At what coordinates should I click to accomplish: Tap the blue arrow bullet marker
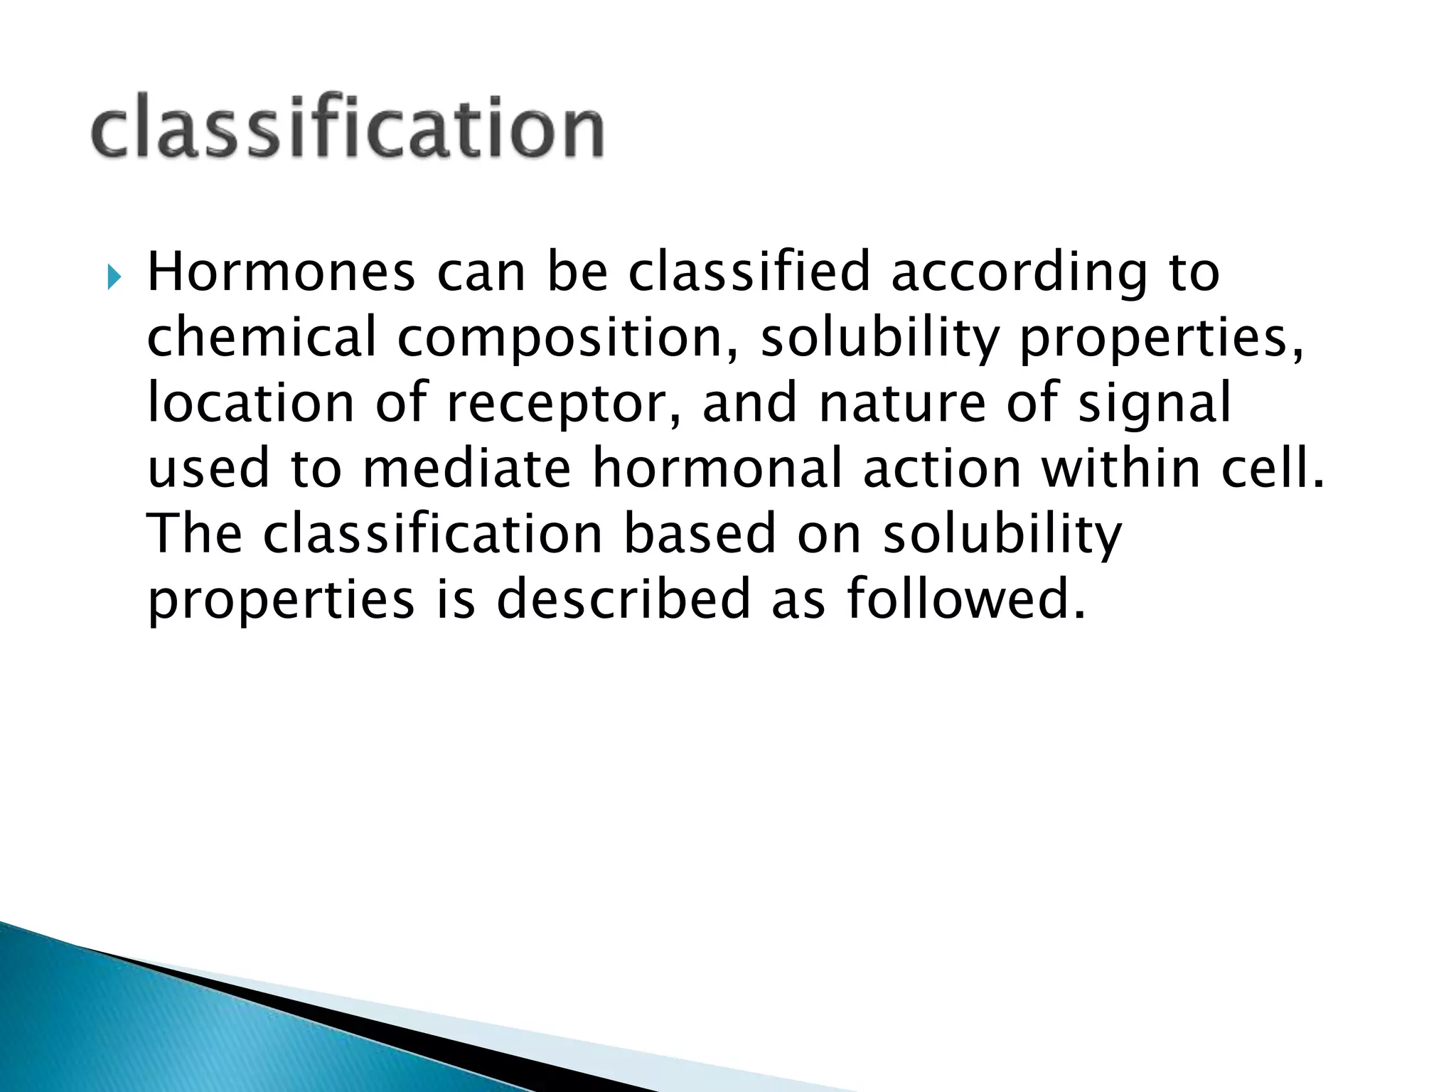coord(114,277)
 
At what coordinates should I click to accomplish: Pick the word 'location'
coord(250,402)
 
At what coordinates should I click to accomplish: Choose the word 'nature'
coord(901,402)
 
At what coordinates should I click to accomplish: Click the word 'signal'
coord(1155,404)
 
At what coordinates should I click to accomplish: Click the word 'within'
coord(1121,468)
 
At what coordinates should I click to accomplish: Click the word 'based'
coord(700,533)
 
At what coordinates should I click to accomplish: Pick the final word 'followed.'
coord(966,599)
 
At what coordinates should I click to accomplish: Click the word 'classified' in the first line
coord(749,272)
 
